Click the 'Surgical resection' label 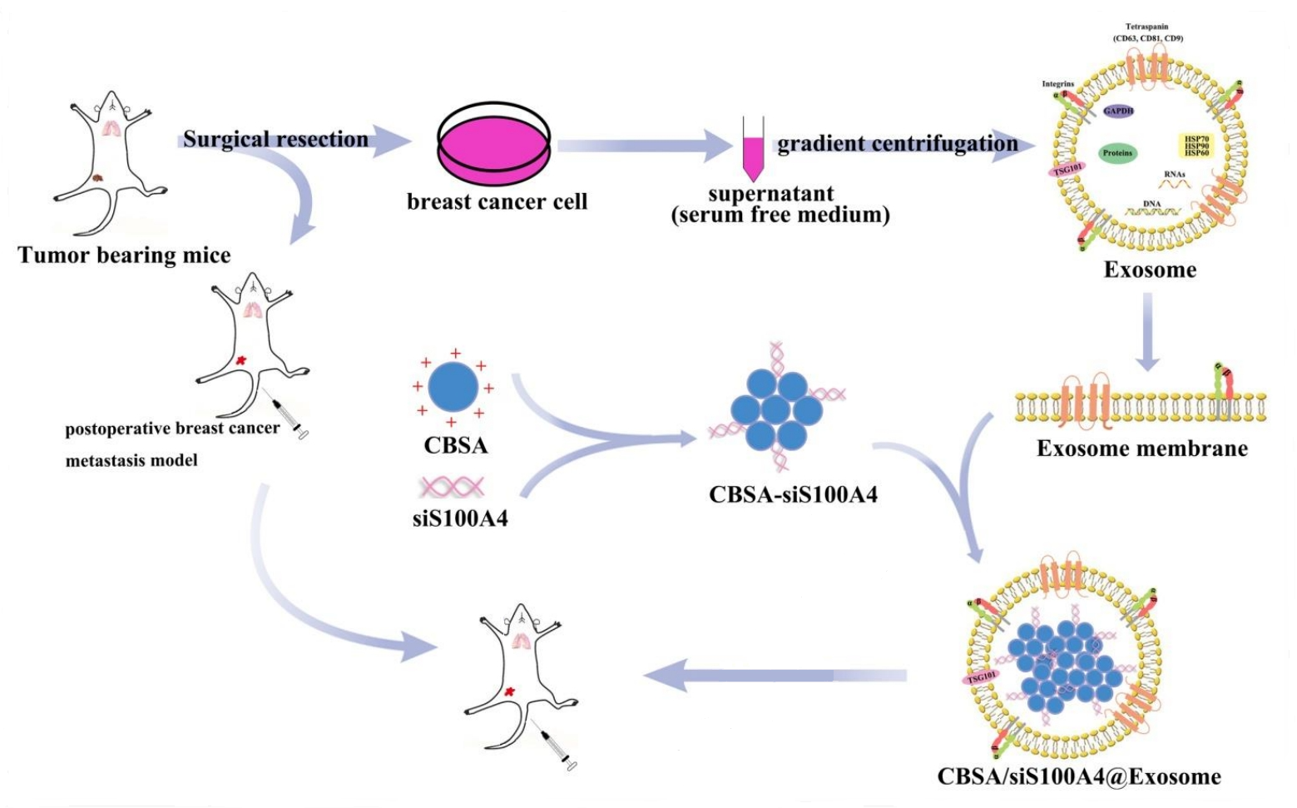(275, 139)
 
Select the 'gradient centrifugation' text (897, 144)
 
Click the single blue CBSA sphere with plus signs (453, 387)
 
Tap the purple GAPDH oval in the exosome (1118, 111)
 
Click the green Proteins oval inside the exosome (1117, 153)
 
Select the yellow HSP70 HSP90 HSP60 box (1196, 146)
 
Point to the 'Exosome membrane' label (1141, 449)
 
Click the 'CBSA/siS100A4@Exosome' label (1079, 776)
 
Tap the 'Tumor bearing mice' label (124, 255)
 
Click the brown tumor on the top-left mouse (98, 177)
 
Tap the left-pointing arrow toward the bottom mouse (774, 675)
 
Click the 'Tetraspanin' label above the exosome (1147, 27)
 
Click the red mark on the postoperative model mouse (240, 360)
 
